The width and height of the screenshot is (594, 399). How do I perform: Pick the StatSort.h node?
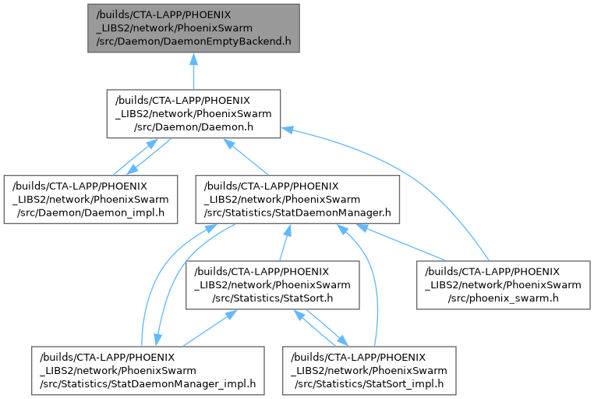272,285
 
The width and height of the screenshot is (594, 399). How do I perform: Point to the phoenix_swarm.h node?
503,285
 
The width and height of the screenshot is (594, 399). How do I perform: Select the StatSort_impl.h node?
369,369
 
